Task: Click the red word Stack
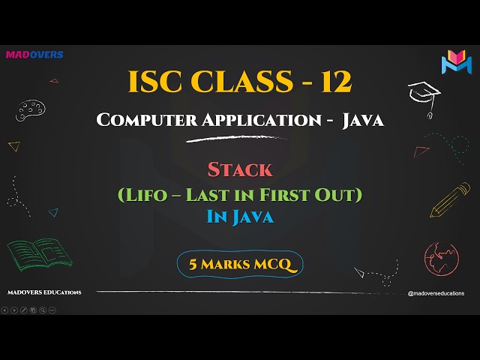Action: (x=240, y=171)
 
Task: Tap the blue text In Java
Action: (x=240, y=217)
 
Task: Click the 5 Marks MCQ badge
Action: (x=240, y=263)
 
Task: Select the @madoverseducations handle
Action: (x=436, y=293)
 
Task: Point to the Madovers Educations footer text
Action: (x=44, y=292)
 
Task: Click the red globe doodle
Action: (x=441, y=256)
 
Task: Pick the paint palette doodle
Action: (x=29, y=112)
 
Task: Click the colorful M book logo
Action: (x=455, y=62)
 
